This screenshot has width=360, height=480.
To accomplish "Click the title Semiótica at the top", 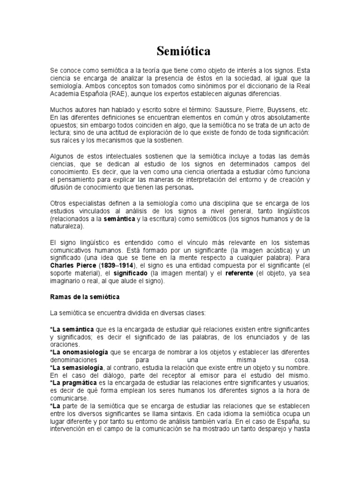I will [x=180, y=51].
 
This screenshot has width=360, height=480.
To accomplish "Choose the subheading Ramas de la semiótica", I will [x=85, y=297].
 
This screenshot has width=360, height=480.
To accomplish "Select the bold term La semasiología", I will [x=77, y=367].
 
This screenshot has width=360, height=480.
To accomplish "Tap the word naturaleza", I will [x=66, y=226].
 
